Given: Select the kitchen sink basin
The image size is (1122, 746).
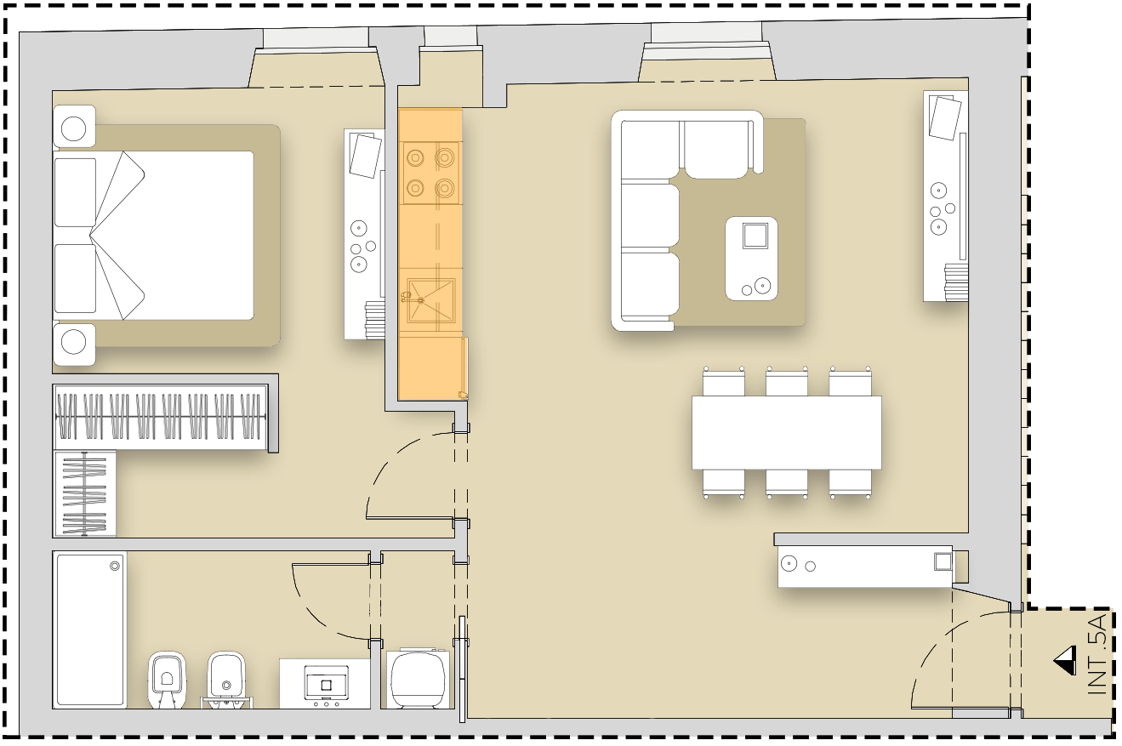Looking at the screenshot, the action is point(430,300).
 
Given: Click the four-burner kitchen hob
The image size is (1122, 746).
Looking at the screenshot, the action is point(430,174).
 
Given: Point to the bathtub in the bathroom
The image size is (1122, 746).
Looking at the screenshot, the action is point(89,629).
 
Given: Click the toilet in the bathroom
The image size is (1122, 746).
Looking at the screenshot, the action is point(168,680).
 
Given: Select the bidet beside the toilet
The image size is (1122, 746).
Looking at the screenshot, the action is point(227,680).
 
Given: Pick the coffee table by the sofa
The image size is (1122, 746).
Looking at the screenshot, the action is point(751,259).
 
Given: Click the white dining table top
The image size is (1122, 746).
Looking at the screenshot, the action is point(786,432).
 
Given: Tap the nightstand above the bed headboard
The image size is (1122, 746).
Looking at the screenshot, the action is point(74,126).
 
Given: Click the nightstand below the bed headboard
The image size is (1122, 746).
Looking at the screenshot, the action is point(74,345).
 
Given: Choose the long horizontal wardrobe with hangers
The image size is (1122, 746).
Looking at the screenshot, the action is point(161,417).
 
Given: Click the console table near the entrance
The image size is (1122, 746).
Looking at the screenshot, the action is point(865,567).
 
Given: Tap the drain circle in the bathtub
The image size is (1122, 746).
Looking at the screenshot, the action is point(115,567).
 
